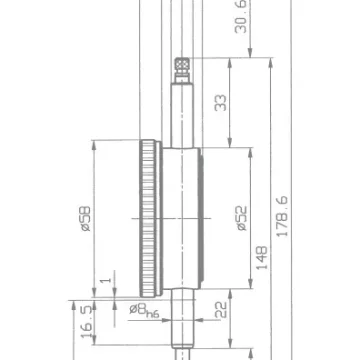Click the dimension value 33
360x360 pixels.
click(221, 103)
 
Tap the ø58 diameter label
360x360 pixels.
click(86, 219)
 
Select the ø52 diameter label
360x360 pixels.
click(242, 218)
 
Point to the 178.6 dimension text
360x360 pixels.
click(282, 217)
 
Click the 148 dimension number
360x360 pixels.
click(262, 258)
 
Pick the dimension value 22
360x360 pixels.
click(221, 310)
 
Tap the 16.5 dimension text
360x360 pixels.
click(86, 322)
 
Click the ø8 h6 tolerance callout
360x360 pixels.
click(144, 311)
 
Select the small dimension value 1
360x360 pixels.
click(106, 279)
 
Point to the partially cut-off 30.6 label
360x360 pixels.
click(241, 17)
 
